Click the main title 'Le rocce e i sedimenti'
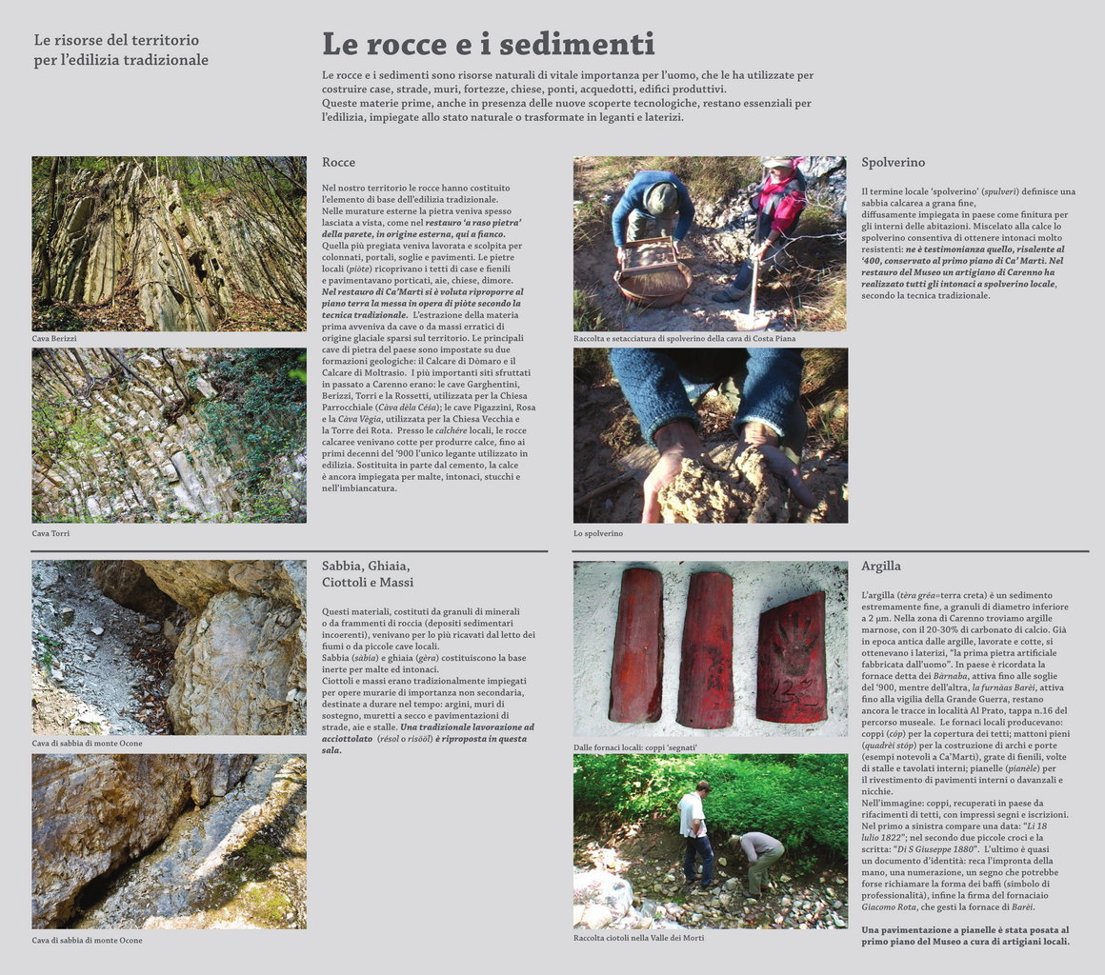tap(488, 45)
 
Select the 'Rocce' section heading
tap(338, 163)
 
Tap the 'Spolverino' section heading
tap(893, 163)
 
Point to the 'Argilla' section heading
tap(880, 566)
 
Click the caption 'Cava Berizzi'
tap(54, 338)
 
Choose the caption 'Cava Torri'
tap(50, 533)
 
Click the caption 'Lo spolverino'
tap(598, 533)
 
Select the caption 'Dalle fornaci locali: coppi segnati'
tap(635, 747)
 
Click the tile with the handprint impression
tap(792, 658)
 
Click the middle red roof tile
tap(706, 650)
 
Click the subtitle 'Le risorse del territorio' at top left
tap(116, 40)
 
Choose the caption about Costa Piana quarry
tap(684, 338)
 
